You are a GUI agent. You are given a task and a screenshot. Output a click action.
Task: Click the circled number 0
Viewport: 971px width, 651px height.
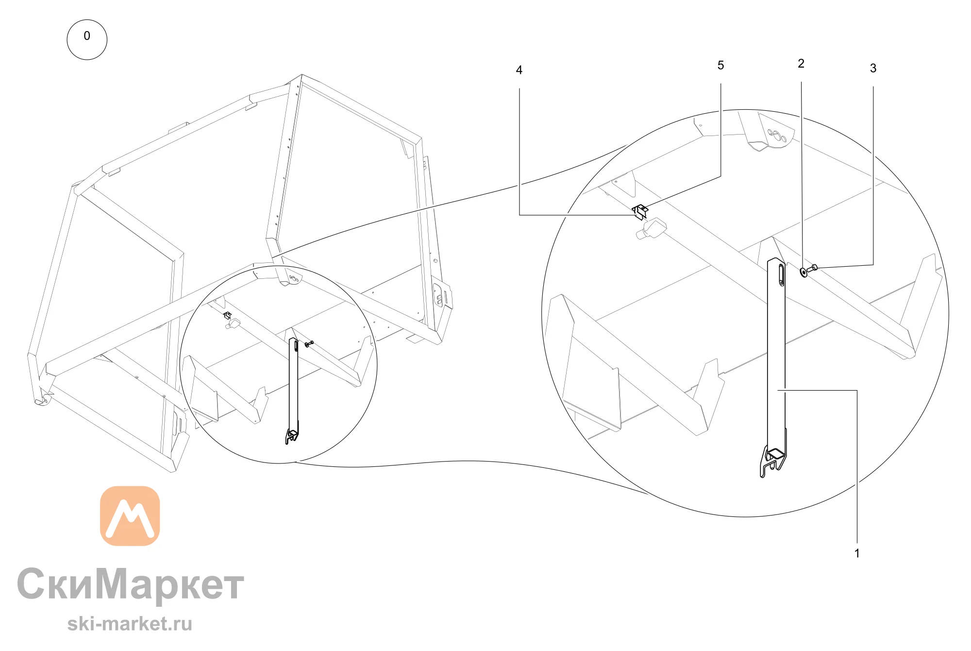click(x=87, y=39)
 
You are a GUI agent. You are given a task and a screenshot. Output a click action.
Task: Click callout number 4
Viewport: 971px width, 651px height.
click(x=519, y=70)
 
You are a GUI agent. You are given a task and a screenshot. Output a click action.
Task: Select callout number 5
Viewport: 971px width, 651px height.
click(x=720, y=66)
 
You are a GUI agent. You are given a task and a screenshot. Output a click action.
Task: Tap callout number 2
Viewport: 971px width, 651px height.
click(x=801, y=64)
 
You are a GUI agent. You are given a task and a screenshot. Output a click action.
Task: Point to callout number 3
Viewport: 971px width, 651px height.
click(x=873, y=69)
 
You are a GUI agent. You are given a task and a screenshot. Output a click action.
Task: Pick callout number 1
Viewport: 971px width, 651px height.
click(x=857, y=553)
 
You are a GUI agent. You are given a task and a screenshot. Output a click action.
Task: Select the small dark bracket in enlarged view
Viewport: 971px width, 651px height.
click(x=640, y=212)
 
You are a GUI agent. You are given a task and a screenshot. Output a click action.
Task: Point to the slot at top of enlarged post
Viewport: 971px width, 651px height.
click(x=781, y=275)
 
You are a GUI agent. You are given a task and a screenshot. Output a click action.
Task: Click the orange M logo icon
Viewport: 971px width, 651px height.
click(x=130, y=516)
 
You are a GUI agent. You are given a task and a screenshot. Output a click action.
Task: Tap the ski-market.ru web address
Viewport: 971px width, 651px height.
click(x=130, y=624)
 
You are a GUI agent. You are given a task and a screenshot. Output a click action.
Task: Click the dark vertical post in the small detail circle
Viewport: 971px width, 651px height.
click(x=293, y=384)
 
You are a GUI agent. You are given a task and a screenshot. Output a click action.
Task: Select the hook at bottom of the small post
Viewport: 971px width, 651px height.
click(x=292, y=436)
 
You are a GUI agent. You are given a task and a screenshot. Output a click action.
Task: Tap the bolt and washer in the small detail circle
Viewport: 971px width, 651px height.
click(x=309, y=344)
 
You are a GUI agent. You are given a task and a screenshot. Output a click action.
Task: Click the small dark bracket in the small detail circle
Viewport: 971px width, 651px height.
click(x=227, y=315)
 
